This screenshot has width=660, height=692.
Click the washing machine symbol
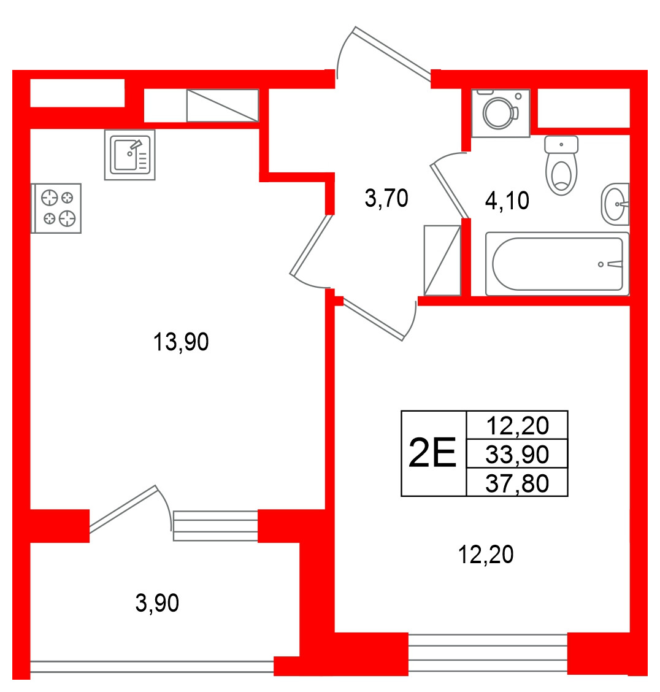tap(501, 113)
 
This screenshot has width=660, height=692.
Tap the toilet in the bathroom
tap(561, 166)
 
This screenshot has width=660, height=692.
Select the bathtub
tap(557, 264)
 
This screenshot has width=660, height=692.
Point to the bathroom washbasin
tap(615, 204)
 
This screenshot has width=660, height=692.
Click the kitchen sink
tap(129, 155)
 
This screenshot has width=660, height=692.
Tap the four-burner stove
tap(56, 209)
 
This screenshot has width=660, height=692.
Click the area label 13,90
tap(181, 342)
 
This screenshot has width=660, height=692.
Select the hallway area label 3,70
tap(386, 198)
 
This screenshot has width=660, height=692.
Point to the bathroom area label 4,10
tap(507, 201)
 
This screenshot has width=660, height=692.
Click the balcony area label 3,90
tap(157, 603)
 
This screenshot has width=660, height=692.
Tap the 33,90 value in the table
tap(517, 454)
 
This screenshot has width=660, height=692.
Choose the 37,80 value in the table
tap(517, 483)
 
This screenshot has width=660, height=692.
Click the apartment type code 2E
tap(432, 453)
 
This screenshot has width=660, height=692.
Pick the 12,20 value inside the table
tap(517, 425)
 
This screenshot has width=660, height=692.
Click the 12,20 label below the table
tap(486, 555)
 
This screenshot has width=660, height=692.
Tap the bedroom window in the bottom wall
tap(488, 653)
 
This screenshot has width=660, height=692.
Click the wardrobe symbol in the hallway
tap(442, 260)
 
